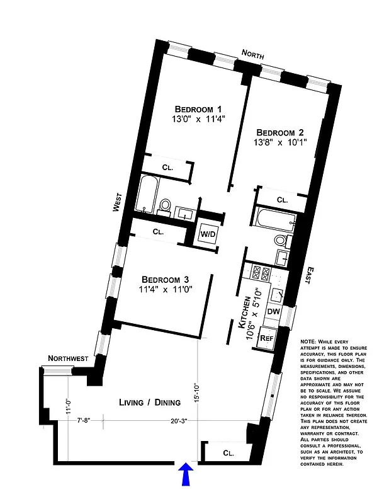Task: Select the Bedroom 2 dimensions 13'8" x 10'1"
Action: (280, 144)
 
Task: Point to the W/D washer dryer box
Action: (208, 234)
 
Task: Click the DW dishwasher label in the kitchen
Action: (273, 311)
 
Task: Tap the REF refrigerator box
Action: (268, 337)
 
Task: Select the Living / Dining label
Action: (150, 403)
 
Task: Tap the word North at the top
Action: (257, 54)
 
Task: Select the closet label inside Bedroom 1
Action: (167, 168)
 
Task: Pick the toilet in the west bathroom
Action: (165, 206)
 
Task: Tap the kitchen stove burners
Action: (261, 273)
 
